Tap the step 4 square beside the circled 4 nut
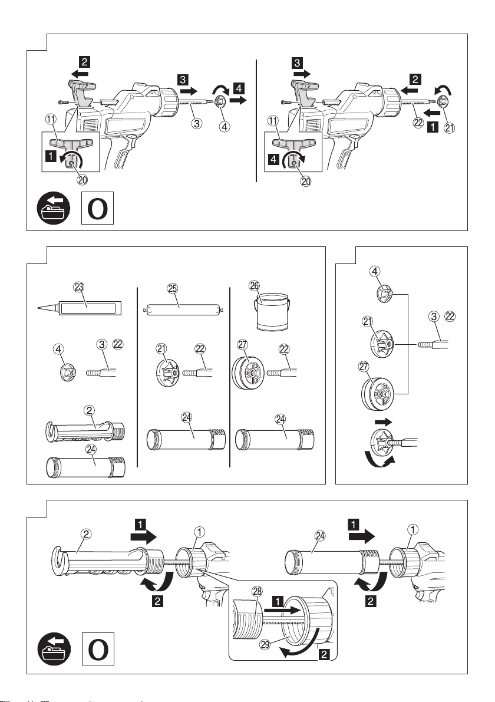point(239,88)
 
